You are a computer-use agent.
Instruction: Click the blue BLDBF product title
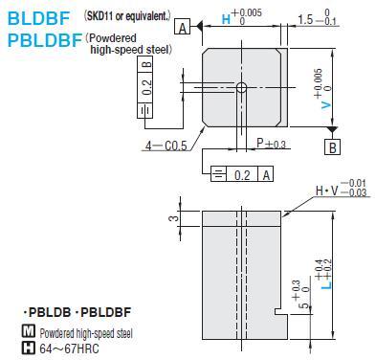(38, 18)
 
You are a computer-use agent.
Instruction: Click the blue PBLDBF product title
(45, 40)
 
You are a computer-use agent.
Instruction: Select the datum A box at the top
(182, 27)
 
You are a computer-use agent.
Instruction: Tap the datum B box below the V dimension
(332, 147)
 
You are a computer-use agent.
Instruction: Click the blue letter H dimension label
(226, 19)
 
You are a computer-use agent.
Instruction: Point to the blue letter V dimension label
(326, 105)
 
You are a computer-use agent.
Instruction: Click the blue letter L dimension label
(326, 284)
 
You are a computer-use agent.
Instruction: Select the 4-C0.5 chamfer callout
(166, 146)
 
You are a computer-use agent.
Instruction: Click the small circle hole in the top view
(241, 87)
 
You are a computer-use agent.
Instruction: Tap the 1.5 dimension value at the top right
(305, 20)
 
